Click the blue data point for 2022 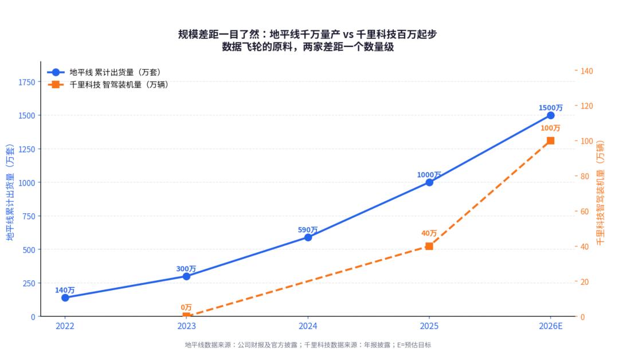(65, 298)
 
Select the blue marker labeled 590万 (308, 237)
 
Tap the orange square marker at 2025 (429, 246)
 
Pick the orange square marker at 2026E (550, 140)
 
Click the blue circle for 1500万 (550, 115)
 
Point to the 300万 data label (186, 268)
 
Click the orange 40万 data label (429, 233)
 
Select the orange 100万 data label (550, 128)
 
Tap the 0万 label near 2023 (186, 307)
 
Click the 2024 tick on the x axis (308, 326)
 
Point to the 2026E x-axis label (550, 326)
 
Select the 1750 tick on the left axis (26, 82)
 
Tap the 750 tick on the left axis (29, 216)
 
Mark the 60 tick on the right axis (584, 212)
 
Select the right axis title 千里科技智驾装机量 (600, 192)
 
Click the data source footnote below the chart (308, 345)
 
